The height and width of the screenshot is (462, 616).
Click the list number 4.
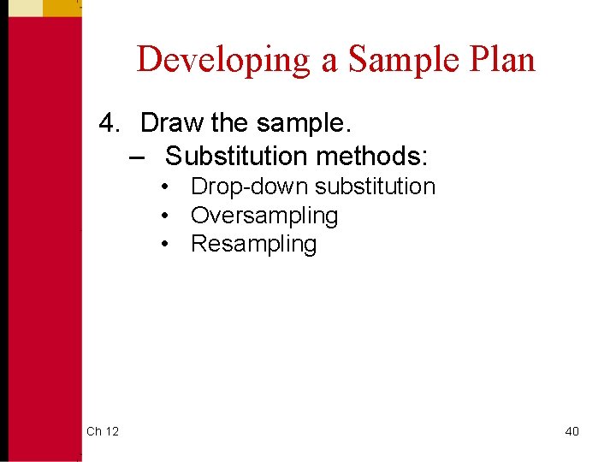tap(109, 123)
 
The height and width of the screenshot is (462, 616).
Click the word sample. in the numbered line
tap(301, 123)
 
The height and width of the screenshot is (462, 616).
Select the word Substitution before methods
tap(236, 157)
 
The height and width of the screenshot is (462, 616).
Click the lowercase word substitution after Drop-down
tap(376, 187)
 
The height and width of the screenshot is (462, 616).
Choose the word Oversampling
tap(264, 216)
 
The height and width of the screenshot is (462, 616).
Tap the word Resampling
tap(253, 244)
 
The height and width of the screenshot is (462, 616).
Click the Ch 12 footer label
tap(103, 431)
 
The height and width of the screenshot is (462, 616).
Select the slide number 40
tap(572, 431)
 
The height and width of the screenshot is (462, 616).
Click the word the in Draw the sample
tap(228, 123)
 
